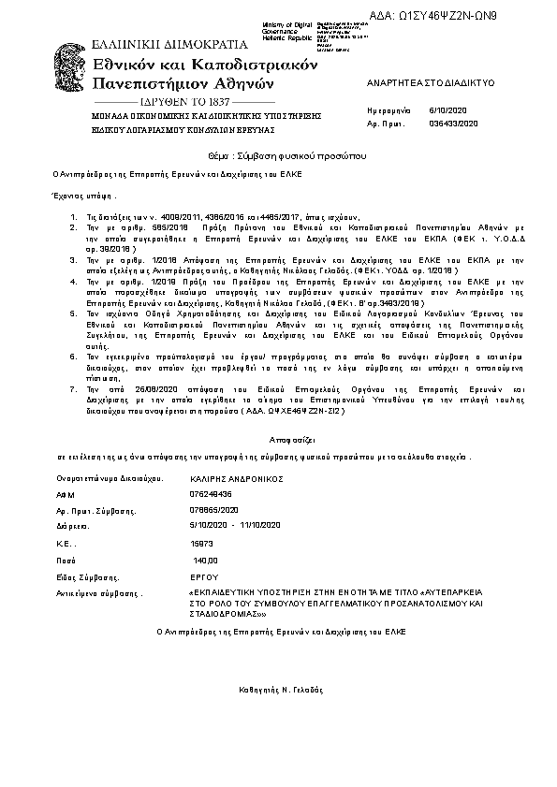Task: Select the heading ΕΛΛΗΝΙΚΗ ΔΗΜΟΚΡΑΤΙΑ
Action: (169, 43)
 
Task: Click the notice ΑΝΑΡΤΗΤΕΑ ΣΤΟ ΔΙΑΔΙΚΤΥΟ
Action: (416, 82)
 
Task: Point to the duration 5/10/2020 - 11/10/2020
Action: (235, 526)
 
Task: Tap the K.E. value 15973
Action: (201, 543)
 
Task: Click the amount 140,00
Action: (205, 560)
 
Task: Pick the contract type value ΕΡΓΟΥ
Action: (203, 576)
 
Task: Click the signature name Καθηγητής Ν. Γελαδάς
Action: (281, 689)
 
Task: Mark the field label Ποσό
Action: (66, 560)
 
